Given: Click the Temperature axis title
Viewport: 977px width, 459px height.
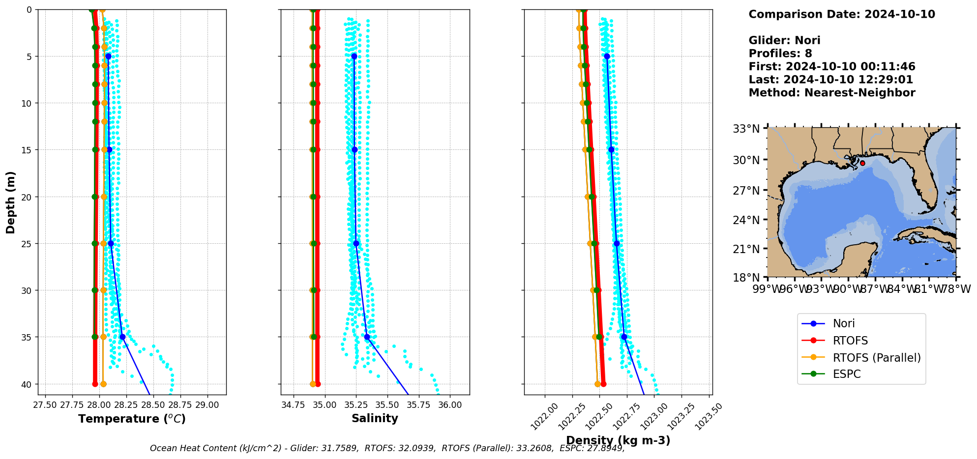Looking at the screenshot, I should (x=132, y=419).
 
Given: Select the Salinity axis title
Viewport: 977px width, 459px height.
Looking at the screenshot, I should (x=375, y=418).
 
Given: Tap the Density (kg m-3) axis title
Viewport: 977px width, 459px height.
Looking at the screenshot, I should (x=618, y=440).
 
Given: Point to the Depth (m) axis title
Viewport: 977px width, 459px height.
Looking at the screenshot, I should (x=11, y=202).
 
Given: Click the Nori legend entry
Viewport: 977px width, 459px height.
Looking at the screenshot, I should (x=843, y=323).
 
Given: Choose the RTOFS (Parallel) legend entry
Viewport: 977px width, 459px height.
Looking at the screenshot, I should (x=876, y=358).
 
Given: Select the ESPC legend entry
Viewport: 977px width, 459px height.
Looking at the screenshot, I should (x=846, y=374).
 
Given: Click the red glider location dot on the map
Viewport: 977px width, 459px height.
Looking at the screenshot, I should (x=862, y=163).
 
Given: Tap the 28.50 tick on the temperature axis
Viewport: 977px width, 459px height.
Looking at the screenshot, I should (x=153, y=405).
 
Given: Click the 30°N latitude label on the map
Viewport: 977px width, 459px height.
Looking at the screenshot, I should (x=746, y=160).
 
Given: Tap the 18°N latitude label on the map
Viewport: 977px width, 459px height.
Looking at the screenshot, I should (x=746, y=278).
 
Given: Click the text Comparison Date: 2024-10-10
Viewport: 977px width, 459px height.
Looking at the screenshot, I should (x=841, y=14).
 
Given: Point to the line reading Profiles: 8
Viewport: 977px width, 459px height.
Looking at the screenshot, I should (x=780, y=54).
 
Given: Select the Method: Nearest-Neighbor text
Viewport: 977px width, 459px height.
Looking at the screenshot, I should (x=831, y=93).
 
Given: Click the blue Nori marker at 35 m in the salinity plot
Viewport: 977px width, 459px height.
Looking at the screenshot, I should (x=367, y=337).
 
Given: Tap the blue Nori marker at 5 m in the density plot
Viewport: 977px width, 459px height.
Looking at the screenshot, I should (x=607, y=57).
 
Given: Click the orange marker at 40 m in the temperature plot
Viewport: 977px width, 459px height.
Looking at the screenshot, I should (x=103, y=384).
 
